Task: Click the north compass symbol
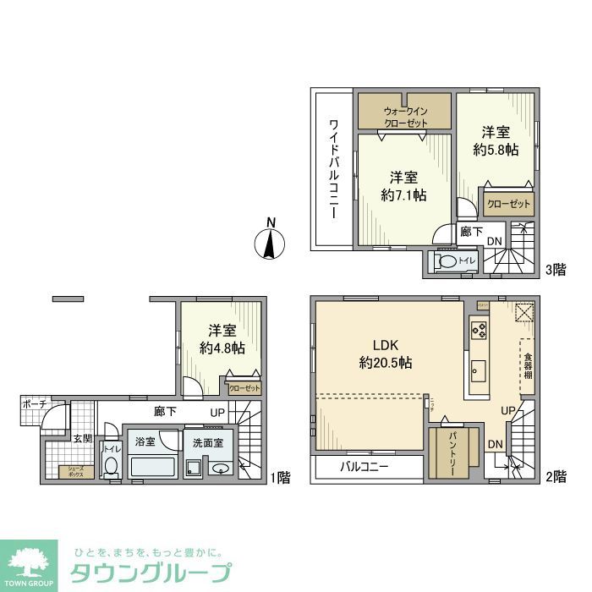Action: pos(270,242)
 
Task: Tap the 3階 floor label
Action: pos(555,270)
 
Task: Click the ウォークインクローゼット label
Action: pos(405,117)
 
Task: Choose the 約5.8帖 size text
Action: pos(496,150)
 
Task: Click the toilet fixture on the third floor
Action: pos(447,263)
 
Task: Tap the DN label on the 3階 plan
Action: pos(494,242)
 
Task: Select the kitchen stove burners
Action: pos(480,329)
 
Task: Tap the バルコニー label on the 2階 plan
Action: pos(365,468)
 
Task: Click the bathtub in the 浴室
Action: pos(152,468)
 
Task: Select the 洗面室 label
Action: pos(206,441)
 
